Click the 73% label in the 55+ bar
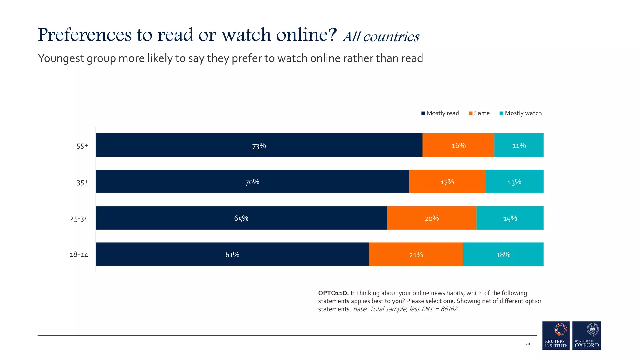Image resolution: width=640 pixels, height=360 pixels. point(259,146)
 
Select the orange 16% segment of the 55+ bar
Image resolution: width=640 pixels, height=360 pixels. point(458,145)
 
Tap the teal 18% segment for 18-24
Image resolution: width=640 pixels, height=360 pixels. point(503,255)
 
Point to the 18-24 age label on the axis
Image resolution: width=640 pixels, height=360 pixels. point(79,255)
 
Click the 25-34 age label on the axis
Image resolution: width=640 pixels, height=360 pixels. point(79,218)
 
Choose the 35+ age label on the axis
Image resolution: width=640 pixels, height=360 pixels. point(82,182)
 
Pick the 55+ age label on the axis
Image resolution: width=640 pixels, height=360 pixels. point(82,146)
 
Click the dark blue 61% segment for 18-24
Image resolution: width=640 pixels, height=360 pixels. point(232,255)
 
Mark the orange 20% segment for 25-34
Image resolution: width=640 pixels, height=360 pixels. point(432,218)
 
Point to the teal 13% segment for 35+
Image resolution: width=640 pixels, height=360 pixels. point(514,182)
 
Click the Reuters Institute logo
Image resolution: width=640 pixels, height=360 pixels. point(556,335)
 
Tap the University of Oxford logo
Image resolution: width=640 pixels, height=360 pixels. point(587,335)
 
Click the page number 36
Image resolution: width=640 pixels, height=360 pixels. point(527,344)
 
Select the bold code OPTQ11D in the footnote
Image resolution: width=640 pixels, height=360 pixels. point(333,293)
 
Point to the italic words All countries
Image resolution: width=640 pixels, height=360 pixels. point(381,37)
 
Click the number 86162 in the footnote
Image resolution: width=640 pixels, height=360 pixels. point(449,309)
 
